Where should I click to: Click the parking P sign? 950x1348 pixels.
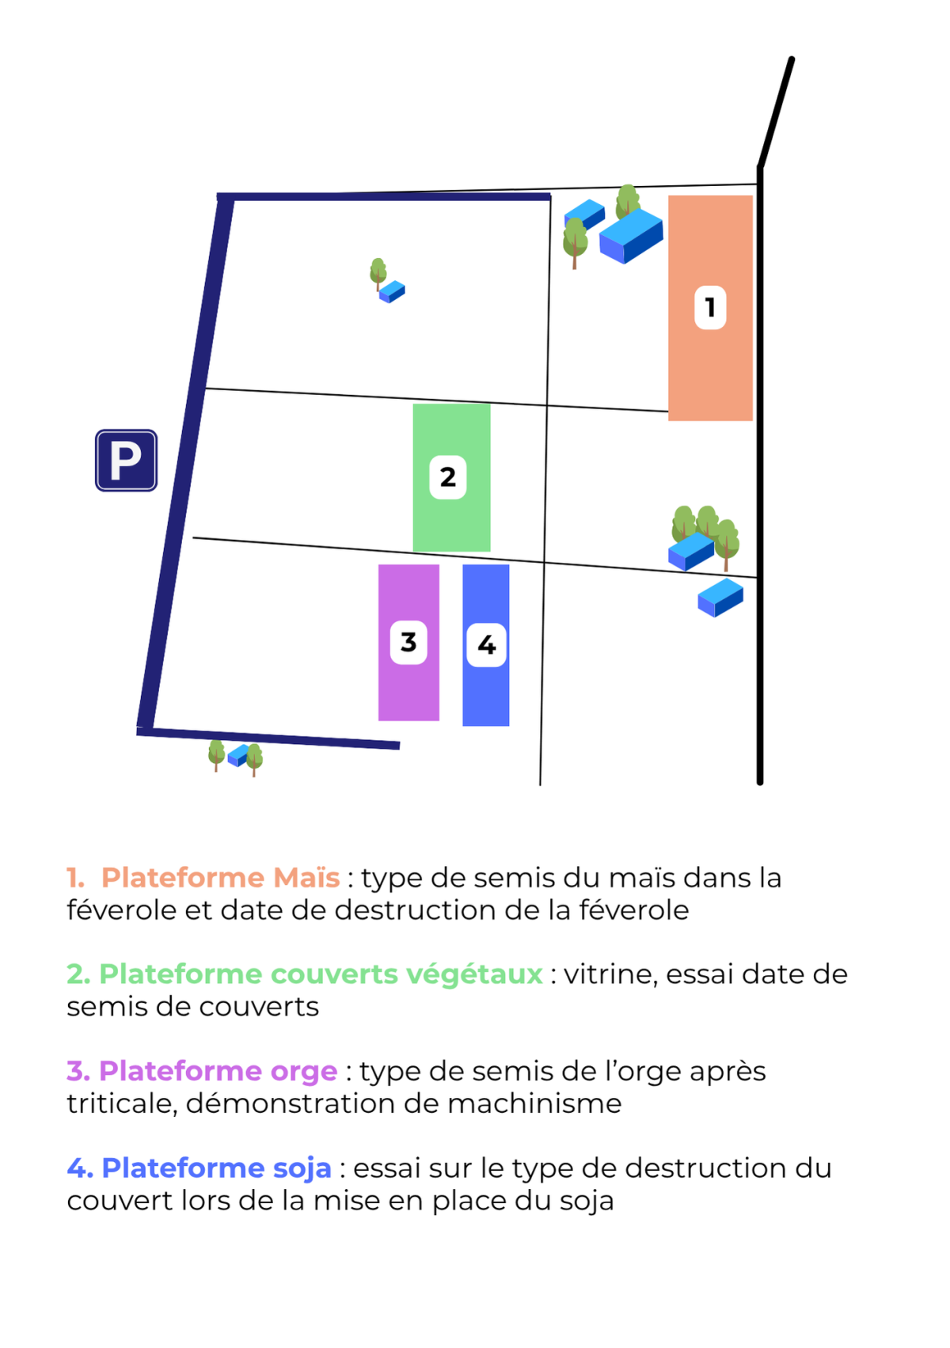[x=127, y=461]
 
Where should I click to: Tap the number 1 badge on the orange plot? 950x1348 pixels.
[x=710, y=307]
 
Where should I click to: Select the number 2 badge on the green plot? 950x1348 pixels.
[x=448, y=477]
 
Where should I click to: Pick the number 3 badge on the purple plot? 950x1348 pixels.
[x=408, y=643]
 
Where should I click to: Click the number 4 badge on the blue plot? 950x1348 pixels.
[x=486, y=645]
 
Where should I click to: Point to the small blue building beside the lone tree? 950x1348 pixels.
[x=392, y=291]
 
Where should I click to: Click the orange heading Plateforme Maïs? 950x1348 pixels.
[x=220, y=877]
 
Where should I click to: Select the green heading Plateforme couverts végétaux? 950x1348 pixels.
[x=321, y=974]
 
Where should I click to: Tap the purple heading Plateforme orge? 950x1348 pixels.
[x=218, y=1071]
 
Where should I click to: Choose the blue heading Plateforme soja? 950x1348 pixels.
[x=217, y=1168]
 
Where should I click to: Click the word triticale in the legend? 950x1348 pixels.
[x=122, y=1103]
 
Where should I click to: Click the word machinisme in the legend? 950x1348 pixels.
[x=534, y=1103]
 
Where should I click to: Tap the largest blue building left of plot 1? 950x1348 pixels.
[x=631, y=236]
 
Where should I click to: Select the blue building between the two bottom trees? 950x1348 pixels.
[x=239, y=755]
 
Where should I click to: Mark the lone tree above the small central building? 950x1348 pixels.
[x=378, y=274]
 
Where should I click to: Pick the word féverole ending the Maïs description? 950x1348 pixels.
[x=635, y=910]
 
